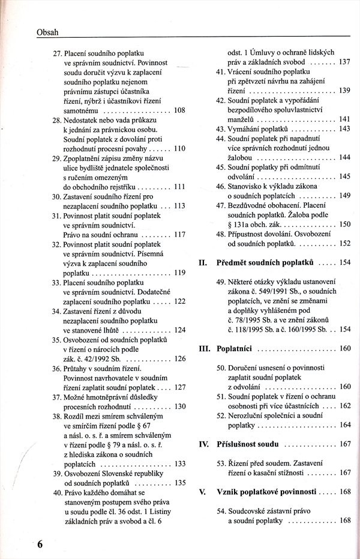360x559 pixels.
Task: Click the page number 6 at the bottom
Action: pyautogui.click(x=40, y=544)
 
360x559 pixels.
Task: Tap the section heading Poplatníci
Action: pyautogui.click(x=238, y=348)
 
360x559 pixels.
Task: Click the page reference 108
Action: pyautogui.click(x=179, y=110)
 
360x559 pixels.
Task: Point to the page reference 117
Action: pyautogui.click(x=179, y=234)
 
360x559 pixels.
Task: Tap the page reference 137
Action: pyautogui.click(x=344, y=62)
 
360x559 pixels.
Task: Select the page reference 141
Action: pyautogui.click(x=344, y=119)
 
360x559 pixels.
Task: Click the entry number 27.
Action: pyautogui.click(x=58, y=53)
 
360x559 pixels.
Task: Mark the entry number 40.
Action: pyautogui.click(x=58, y=492)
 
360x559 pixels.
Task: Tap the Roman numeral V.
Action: pyautogui.click(x=202, y=491)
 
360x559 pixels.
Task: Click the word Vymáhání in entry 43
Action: pyautogui.click(x=245, y=128)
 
